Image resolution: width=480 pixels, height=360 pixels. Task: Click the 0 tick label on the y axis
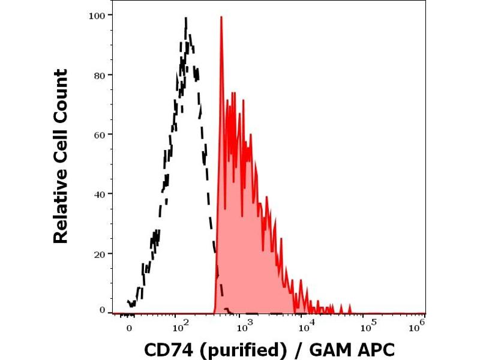click(x=102, y=310)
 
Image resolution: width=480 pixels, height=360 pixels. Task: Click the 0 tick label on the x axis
click(x=128, y=328)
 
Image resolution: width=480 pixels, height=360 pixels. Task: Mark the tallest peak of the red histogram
click(x=221, y=17)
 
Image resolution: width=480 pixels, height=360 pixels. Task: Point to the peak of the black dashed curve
click(x=186, y=19)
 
